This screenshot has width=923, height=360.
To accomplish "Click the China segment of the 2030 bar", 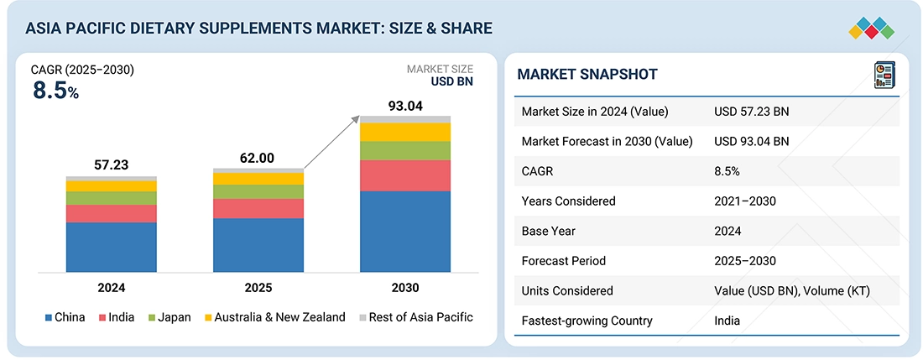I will (x=405, y=232).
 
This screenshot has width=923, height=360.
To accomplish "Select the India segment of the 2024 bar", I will (x=112, y=213).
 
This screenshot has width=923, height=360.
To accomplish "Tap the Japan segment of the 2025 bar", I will (x=258, y=191).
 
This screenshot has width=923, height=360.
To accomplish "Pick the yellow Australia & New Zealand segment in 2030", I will (x=405, y=132).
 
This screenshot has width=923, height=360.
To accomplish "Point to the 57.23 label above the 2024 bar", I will (x=111, y=165).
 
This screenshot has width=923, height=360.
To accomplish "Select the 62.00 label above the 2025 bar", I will (x=258, y=158).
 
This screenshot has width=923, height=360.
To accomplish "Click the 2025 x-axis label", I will (x=258, y=288).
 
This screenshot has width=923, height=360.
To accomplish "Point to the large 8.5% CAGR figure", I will (x=55, y=91).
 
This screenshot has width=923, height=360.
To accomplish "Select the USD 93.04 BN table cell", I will (x=752, y=141).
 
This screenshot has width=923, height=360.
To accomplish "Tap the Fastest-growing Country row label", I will (x=587, y=321).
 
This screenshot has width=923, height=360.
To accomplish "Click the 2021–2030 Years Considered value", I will (x=745, y=201).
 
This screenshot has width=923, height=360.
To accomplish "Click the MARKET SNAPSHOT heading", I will (x=587, y=75).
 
